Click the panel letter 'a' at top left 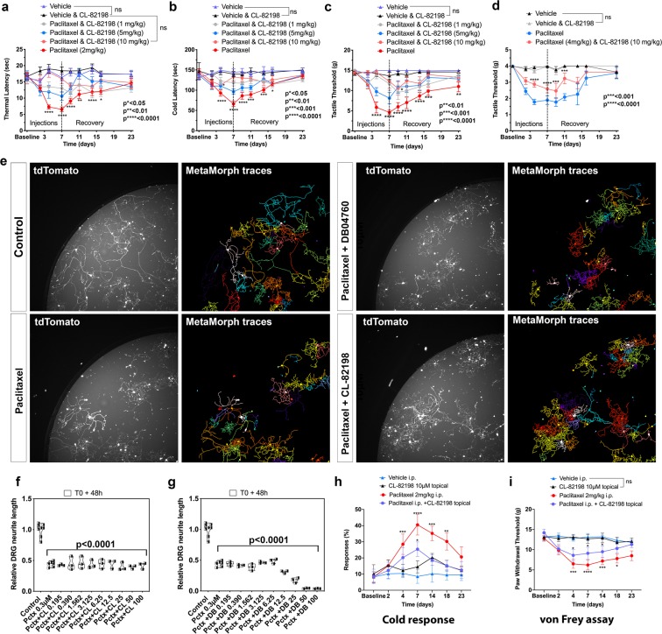pyautogui.click(x=8, y=7)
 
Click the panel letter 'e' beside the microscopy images pyautogui.click(x=8, y=165)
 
